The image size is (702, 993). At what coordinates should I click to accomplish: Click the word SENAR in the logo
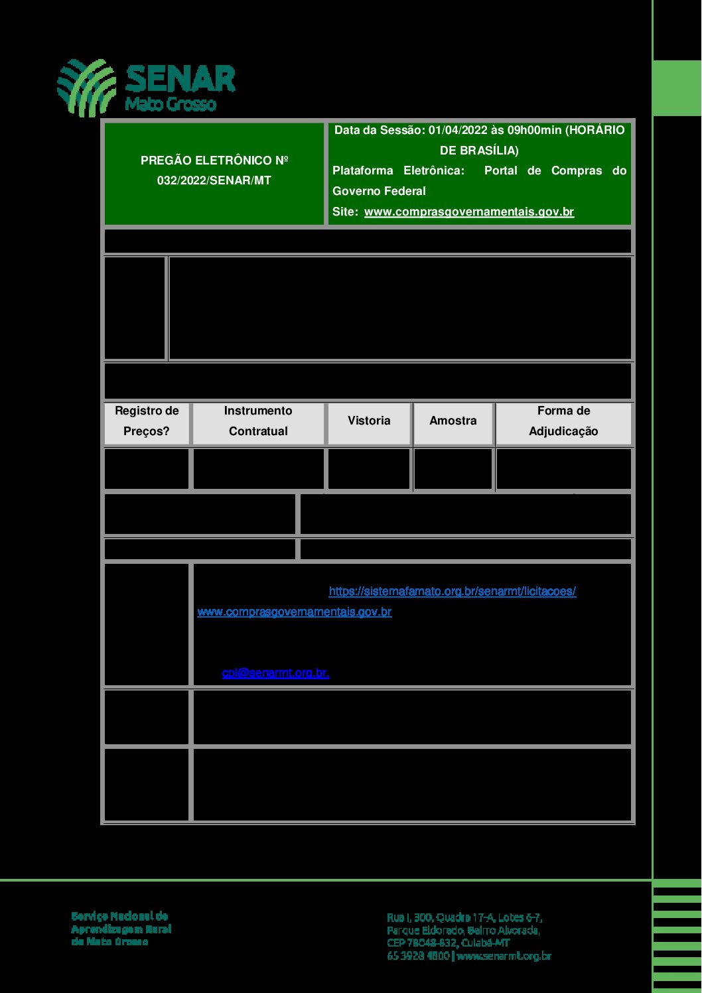[x=180, y=79]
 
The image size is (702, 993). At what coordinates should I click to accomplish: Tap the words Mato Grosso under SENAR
[x=171, y=105]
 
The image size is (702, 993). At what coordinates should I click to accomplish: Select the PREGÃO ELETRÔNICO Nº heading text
[x=214, y=161]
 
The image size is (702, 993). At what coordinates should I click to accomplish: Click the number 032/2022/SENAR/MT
[x=214, y=180]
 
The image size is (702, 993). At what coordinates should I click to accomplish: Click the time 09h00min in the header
[x=534, y=130]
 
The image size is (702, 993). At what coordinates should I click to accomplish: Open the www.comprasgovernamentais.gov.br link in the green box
[x=468, y=212]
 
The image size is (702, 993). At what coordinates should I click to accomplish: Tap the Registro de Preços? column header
[x=147, y=421]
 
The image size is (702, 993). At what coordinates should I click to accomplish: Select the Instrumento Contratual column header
[x=258, y=421]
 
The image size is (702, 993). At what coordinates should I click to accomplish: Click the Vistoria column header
[x=369, y=421]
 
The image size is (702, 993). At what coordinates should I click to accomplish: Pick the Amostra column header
[x=453, y=421]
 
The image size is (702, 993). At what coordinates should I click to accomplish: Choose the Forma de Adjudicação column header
[x=563, y=421]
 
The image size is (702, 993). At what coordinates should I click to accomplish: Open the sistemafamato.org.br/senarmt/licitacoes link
[x=452, y=591]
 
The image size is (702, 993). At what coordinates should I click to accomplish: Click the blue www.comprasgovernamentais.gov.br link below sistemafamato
[x=294, y=612]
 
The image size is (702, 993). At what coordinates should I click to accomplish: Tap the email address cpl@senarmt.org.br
[x=275, y=673]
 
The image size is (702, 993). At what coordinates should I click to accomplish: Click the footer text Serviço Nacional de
[x=119, y=916]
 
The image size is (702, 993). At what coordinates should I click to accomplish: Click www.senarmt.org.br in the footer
[x=504, y=956]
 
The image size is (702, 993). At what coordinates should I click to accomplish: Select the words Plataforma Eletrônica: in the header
[x=398, y=170]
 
